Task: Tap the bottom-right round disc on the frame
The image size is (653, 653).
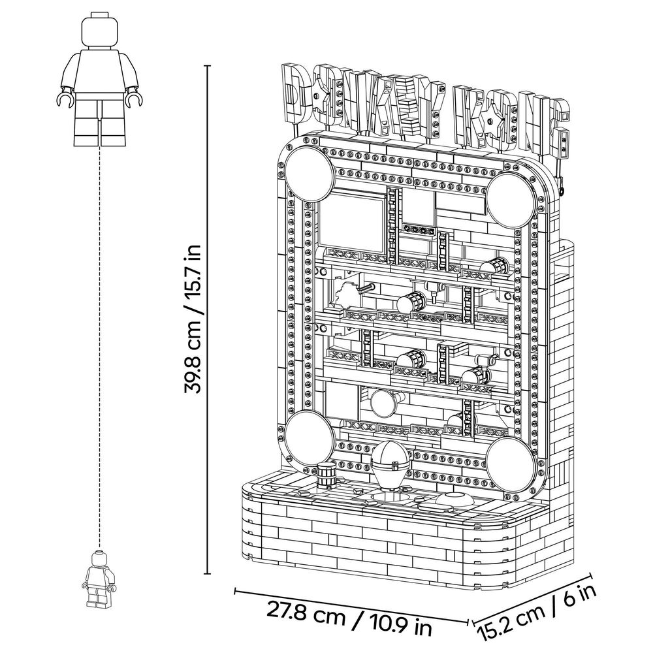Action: click(511, 462)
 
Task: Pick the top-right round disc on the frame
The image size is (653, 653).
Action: click(511, 199)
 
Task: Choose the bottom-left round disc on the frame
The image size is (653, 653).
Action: click(310, 435)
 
